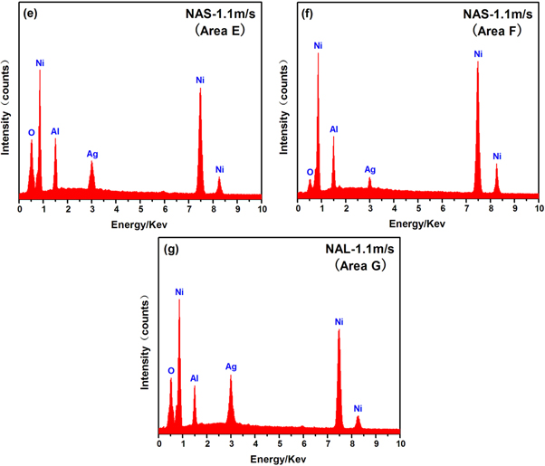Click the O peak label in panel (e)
pos(31,132)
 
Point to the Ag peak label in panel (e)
pos(92,154)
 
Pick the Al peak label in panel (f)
pos(333,129)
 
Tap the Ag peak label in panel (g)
pos(231,366)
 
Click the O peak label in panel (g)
pos(170,370)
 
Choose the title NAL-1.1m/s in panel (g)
pos(356,251)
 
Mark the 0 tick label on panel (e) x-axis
pos(19,209)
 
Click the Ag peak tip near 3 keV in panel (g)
pos(231,376)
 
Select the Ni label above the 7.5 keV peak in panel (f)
pos(478,54)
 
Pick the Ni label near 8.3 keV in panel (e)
pos(219,169)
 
